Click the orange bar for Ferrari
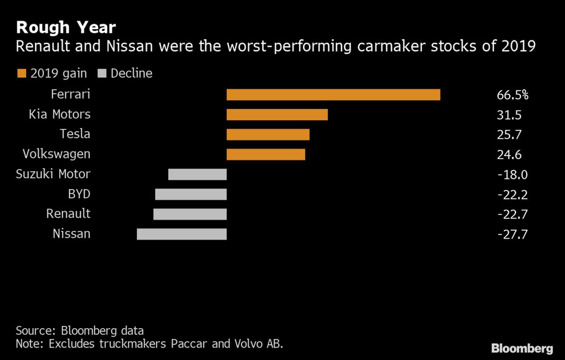333,95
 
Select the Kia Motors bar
277,115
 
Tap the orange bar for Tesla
268,135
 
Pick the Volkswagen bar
266,155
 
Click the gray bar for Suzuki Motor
197,174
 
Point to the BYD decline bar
191,194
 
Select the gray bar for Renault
190,214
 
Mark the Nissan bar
182,234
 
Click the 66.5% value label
512,95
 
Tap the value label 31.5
508,115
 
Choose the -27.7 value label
511,234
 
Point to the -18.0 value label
511,175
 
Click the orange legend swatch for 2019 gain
22,73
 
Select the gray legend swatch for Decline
103,73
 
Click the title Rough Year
66,27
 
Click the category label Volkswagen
57,154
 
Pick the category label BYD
79,194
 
